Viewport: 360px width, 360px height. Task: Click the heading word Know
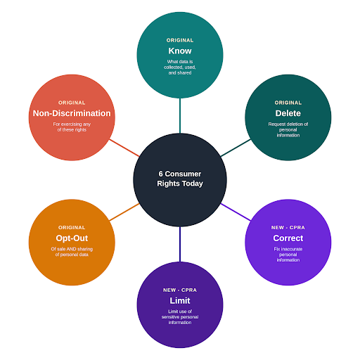point(180,51)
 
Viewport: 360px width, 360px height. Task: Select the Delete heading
point(288,113)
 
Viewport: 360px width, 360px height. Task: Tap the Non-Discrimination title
point(72,113)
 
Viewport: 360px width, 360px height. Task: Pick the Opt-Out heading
point(72,238)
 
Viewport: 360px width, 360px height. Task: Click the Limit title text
point(180,300)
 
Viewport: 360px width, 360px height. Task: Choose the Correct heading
point(288,238)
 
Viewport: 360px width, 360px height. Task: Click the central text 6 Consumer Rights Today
point(180,179)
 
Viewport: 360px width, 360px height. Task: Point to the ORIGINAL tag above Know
point(180,40)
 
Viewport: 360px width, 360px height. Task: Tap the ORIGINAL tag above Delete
point(288,103)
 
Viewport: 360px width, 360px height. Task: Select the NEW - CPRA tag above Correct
point(288,228)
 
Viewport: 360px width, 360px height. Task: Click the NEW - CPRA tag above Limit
point(180,290)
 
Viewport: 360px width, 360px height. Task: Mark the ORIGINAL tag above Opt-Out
point(72,228)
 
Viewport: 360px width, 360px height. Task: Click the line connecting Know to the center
point(180,116)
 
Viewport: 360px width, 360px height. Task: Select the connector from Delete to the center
point(236,148)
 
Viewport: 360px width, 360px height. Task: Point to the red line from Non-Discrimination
point(124,148)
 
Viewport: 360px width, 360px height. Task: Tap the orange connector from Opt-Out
point(124,212)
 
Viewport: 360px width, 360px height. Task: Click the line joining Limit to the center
point(180,244)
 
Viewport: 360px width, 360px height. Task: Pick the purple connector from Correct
point(236,212)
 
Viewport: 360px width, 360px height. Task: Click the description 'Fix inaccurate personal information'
point(288,255)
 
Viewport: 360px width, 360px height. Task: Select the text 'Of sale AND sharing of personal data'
point(72,252)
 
